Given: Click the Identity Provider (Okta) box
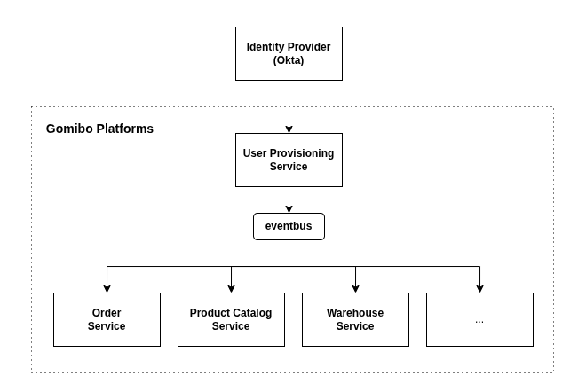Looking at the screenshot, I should pos(289,53).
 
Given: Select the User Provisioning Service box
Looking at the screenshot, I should pos(289,160).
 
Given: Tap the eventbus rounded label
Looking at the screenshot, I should pos(289,226).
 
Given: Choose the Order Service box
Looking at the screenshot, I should pos(107,319).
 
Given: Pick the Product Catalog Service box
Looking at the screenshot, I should pos(231,319).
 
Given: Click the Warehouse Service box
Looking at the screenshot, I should pos(355,319).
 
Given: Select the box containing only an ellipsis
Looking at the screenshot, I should pos(479,319).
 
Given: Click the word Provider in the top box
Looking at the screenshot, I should pos(309,47).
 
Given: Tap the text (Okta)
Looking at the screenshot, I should pos(289,60).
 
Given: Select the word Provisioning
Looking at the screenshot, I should pos(303,153).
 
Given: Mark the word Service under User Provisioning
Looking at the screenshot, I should pos(289,167).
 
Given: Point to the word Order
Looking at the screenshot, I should pos(107,313).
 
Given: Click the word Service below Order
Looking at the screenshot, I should pos(107,326).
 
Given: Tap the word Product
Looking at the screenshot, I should pos(210,313).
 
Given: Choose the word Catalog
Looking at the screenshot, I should pos(252,313).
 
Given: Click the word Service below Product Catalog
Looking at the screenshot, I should pos(231,326).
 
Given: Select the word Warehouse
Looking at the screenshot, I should pos(355,313).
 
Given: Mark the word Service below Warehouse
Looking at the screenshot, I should pos(355,326).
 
